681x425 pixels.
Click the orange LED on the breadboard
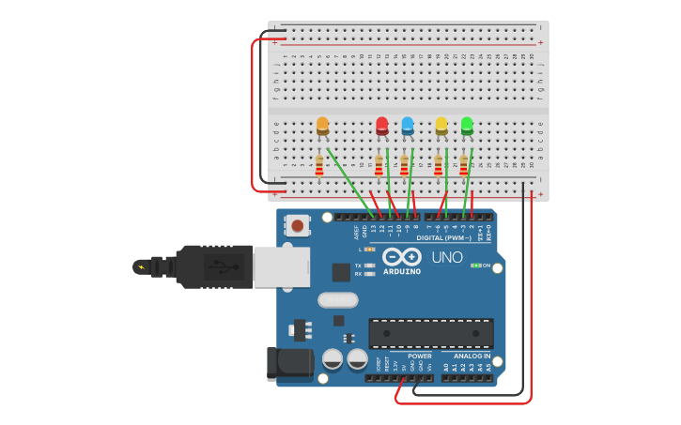click(x=322, y=125)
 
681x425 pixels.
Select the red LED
click(x=381, y=125)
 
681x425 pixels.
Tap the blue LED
click(x=407, y=125)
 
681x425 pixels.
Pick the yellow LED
click(x=441, y=125)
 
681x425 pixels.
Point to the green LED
click(x=467, y=125)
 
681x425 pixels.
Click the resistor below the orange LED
click(x=319, y=165)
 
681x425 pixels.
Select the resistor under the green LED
click(x=463, y=165)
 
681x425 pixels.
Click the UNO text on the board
click(x=447, y=257)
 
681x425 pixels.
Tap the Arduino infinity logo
click(x=401, y=256)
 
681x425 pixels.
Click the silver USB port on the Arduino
click(x=281, y=266)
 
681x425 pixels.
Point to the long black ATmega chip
click(x=430, y=333)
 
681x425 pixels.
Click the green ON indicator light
click(x=475, y=266)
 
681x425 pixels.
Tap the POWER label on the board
click(x=420, y=356)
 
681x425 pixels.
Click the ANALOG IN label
click(x=472, y=356)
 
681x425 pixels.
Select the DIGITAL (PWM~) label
click(x=444, y=238)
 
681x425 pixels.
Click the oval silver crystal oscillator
click(x=337, y=300)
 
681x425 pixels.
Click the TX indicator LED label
click(x=359, y=266)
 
